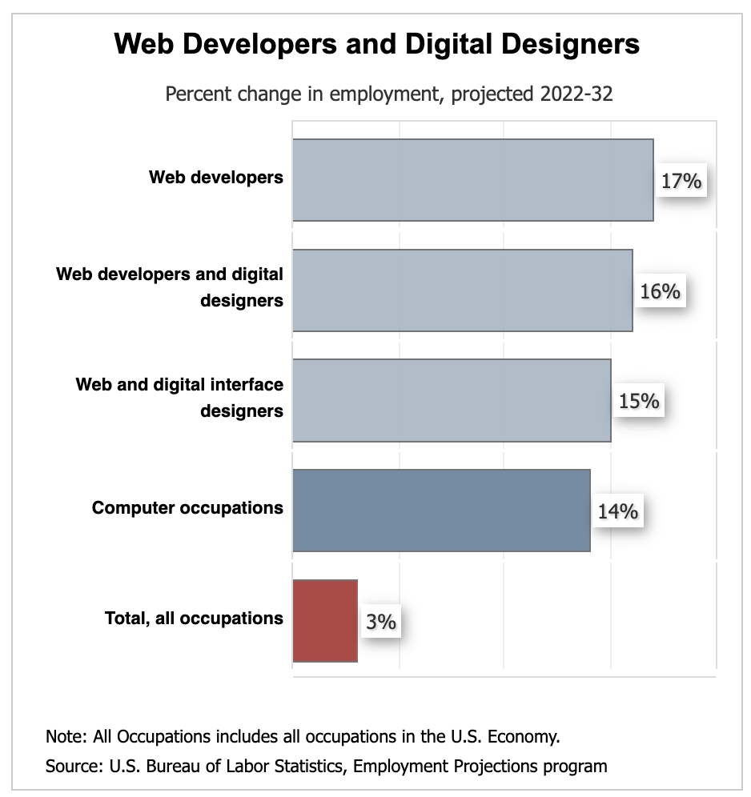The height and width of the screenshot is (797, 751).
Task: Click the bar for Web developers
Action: [472, 180]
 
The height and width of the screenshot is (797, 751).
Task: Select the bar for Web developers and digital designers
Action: [462, 290]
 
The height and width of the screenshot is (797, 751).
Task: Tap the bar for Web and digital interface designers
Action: [452, 400]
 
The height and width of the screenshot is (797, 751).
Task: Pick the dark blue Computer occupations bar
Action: [441, 511]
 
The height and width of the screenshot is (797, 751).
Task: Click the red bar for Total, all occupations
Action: [325, 621]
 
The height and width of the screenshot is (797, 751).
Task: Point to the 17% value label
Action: [681, 182]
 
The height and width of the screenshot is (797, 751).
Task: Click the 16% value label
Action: [661, 291]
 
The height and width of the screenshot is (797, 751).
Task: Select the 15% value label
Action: [639, 401]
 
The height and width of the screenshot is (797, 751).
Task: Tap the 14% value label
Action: [617, 511]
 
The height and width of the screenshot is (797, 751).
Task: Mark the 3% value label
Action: [382, 621]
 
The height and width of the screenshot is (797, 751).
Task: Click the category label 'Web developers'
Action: [216, 177]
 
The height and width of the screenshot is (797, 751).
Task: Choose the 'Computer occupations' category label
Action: [187, 507]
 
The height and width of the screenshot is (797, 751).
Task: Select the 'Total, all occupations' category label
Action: [194, 618]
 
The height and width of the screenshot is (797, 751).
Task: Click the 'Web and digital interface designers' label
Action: [179, 398]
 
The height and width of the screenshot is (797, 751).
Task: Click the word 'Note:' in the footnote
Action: [67, 736]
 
